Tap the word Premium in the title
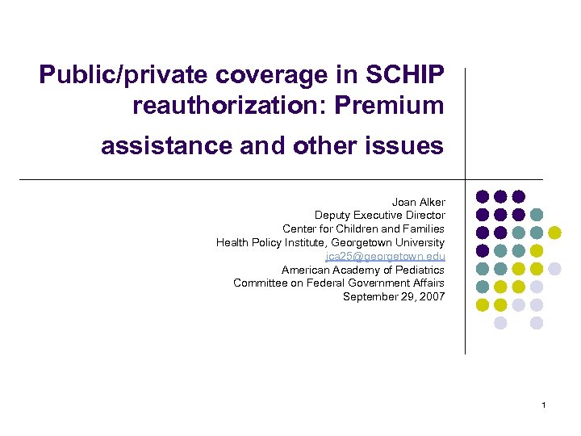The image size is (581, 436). point(396,105)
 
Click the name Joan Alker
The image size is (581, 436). point(418,201)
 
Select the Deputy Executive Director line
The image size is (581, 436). point(379,215)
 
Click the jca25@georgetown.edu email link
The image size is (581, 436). point(385,256)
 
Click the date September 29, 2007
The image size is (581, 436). point(393,297)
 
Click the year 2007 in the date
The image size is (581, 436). point(432,297)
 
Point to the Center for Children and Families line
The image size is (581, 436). point(363,228)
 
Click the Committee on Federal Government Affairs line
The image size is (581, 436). point(338,283)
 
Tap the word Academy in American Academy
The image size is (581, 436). point(357,270)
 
